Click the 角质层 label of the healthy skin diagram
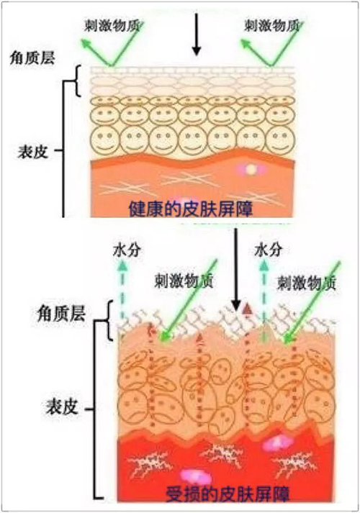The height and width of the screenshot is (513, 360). (x=32, y=58)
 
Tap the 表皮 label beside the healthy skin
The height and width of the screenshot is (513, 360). (x=32, y=152)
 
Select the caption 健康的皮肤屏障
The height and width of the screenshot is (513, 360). (x=191, y=209)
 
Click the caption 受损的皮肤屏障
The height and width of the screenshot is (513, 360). (x=228, y=494)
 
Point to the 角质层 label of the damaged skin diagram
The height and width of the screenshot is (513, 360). (x=61, y=313)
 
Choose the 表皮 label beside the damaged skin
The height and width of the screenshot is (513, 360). (x=61, y=407)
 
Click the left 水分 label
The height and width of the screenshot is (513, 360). (x=127, y=250)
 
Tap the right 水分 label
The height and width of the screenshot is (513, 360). (x=269, y=250)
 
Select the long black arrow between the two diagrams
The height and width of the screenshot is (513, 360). (x=235, y=269)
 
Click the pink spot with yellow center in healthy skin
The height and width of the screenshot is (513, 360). (x=251, y=169)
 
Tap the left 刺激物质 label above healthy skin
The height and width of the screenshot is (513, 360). (x=112, y=26)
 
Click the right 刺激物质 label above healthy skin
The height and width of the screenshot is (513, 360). (x=272, y=26)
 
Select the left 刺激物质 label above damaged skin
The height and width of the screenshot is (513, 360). (x=184, y=281)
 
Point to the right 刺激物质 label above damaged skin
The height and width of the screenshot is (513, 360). (x=307, y=283)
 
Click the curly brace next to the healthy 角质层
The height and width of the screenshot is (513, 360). (x=77, y=81)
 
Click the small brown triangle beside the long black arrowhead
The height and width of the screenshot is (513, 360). (x=248, y=309)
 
